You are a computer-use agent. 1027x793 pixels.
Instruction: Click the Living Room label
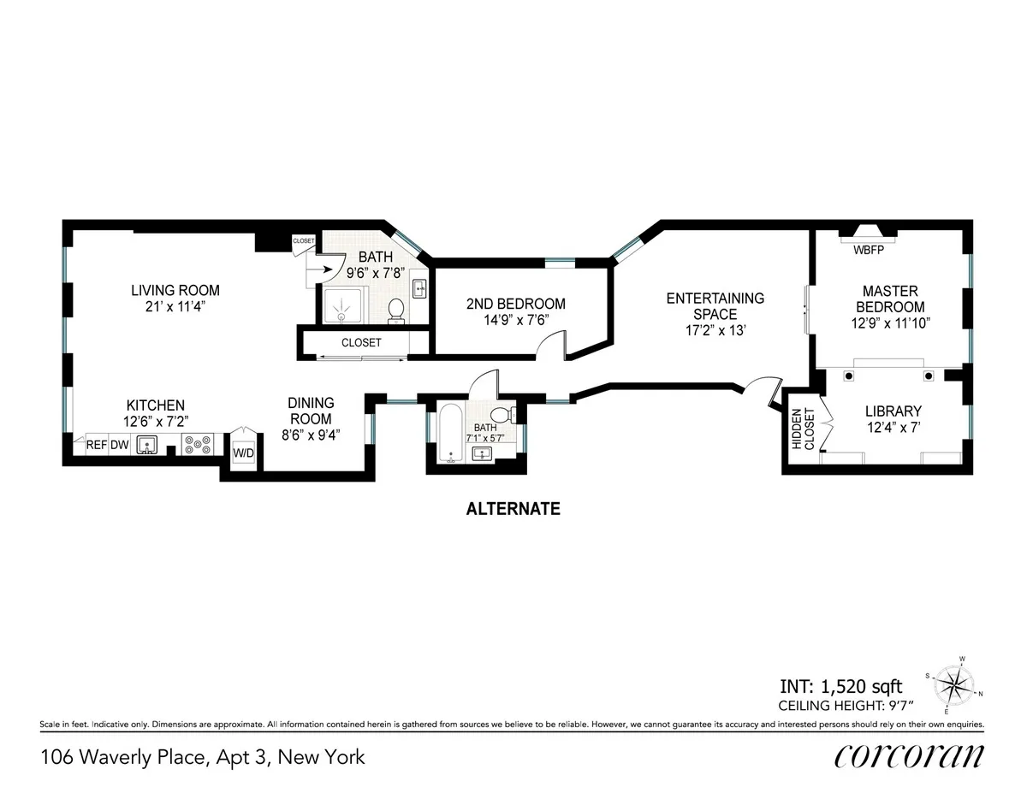(175, 289)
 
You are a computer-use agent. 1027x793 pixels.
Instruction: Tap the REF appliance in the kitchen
(96, 445)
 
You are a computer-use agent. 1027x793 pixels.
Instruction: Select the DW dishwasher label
(118, 445)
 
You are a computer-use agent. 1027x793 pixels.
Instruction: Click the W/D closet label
(243, 452)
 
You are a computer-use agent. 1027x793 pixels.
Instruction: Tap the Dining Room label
(310, 411)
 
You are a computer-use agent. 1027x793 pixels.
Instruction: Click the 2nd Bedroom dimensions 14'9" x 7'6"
(515, 321)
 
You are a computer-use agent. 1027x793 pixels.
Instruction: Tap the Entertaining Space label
(715, 306)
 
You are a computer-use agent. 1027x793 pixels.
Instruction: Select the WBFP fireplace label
(868, 251)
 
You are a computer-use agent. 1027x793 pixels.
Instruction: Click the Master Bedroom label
(893, 299)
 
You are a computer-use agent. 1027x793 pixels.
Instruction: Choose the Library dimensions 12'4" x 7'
(893, 427)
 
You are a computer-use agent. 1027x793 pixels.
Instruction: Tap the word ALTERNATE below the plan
(513, 509)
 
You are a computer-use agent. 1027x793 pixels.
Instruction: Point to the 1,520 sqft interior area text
(840, 686)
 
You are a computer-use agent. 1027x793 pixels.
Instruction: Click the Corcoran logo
(908, 757)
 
